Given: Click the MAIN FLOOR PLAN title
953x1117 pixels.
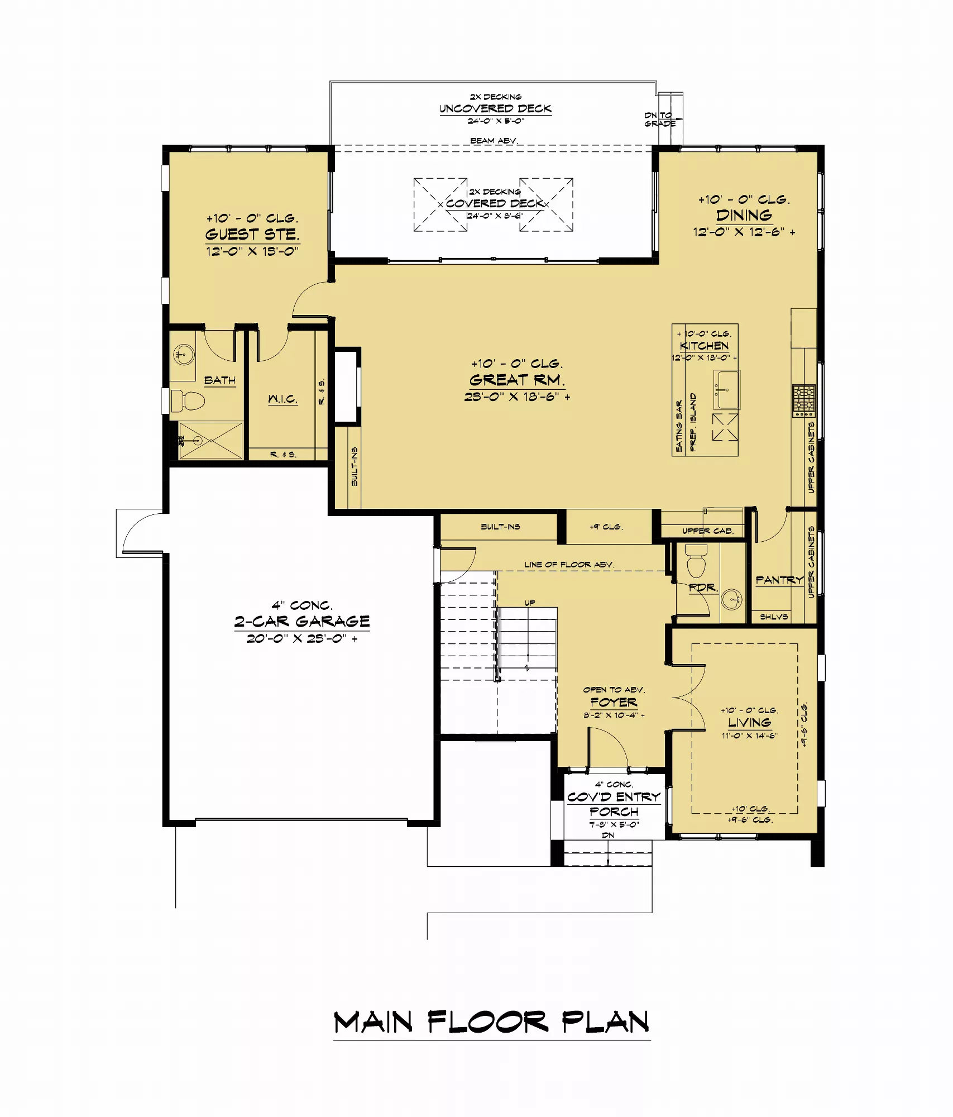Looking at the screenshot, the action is pos(491,1021).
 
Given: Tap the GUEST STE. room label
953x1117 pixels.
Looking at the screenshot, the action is pos(252,235).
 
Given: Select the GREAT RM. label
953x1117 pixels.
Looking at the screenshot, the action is pos(517,380).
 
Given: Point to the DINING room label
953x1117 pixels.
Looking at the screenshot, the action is pos(744,216).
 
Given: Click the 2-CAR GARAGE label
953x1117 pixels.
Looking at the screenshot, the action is pos(302,622).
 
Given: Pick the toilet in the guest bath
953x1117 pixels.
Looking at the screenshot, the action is pos(188,399).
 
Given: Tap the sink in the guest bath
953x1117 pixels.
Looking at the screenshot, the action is pos(183,354).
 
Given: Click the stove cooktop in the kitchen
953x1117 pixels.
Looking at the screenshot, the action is pos(804,400).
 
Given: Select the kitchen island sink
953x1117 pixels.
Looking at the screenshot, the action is pos(727,390).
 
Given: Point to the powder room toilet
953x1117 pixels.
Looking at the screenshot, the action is pos(696,561).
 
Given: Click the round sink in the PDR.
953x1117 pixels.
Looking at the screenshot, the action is pos(731,600).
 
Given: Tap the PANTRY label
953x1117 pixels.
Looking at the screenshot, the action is pos(779,580).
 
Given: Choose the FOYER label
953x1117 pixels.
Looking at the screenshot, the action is pos(614,702).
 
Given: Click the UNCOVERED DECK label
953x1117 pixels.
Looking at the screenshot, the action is pos(496,108).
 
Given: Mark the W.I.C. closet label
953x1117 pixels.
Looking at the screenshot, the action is pos(282,399).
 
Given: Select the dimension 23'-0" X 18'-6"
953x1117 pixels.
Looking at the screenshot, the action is pos(517,397).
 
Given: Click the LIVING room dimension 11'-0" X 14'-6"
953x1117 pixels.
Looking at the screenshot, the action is pos(749,736).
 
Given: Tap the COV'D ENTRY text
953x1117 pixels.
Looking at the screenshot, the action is pos(614,797).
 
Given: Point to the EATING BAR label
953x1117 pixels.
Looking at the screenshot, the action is pos(679,426).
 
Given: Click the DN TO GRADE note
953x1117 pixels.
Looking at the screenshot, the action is pos(660,120).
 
